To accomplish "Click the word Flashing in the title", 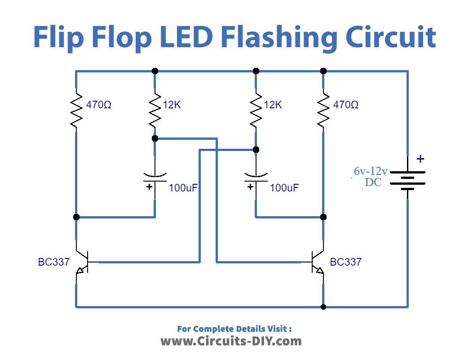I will pos(277,38).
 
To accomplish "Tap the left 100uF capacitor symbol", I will pos(155,179).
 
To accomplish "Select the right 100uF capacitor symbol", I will pos(256,179).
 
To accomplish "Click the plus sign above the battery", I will pos(420,159).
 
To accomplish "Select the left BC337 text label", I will pos(54,262).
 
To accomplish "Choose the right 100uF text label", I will pos(284,188).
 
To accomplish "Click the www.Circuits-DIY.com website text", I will pos(231,341).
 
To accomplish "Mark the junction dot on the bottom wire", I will pos(323,307).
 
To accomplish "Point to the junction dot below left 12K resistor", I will pos(155,138).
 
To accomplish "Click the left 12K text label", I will pos(172,105).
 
